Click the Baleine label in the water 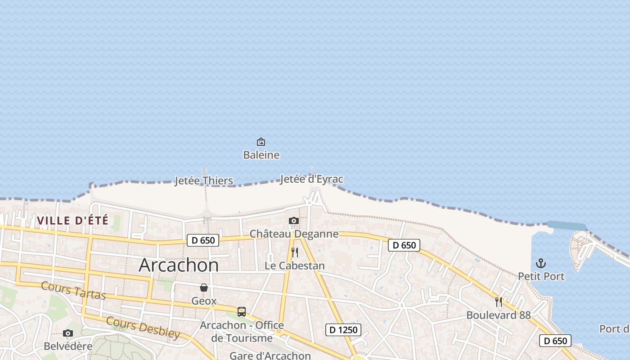point(261,155)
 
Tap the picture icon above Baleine point(261,142)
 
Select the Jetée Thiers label point(204,181)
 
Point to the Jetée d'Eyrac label point(311,179)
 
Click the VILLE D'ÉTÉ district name point(73,220)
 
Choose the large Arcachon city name point(179,265)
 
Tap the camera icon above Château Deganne point(294,220)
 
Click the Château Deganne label point(294,234)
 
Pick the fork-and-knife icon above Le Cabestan point(295,252)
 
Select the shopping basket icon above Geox point(204,288)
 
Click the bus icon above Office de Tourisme point(242,311)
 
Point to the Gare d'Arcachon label point(270,355)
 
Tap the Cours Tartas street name point(73,291)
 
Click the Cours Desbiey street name point(143,327)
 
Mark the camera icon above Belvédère point(68,333)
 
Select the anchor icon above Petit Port point(541,263)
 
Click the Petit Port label point(541,276)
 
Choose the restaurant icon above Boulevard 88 point(499,301)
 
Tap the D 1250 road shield point(343,330)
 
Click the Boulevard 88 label point(499,315)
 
